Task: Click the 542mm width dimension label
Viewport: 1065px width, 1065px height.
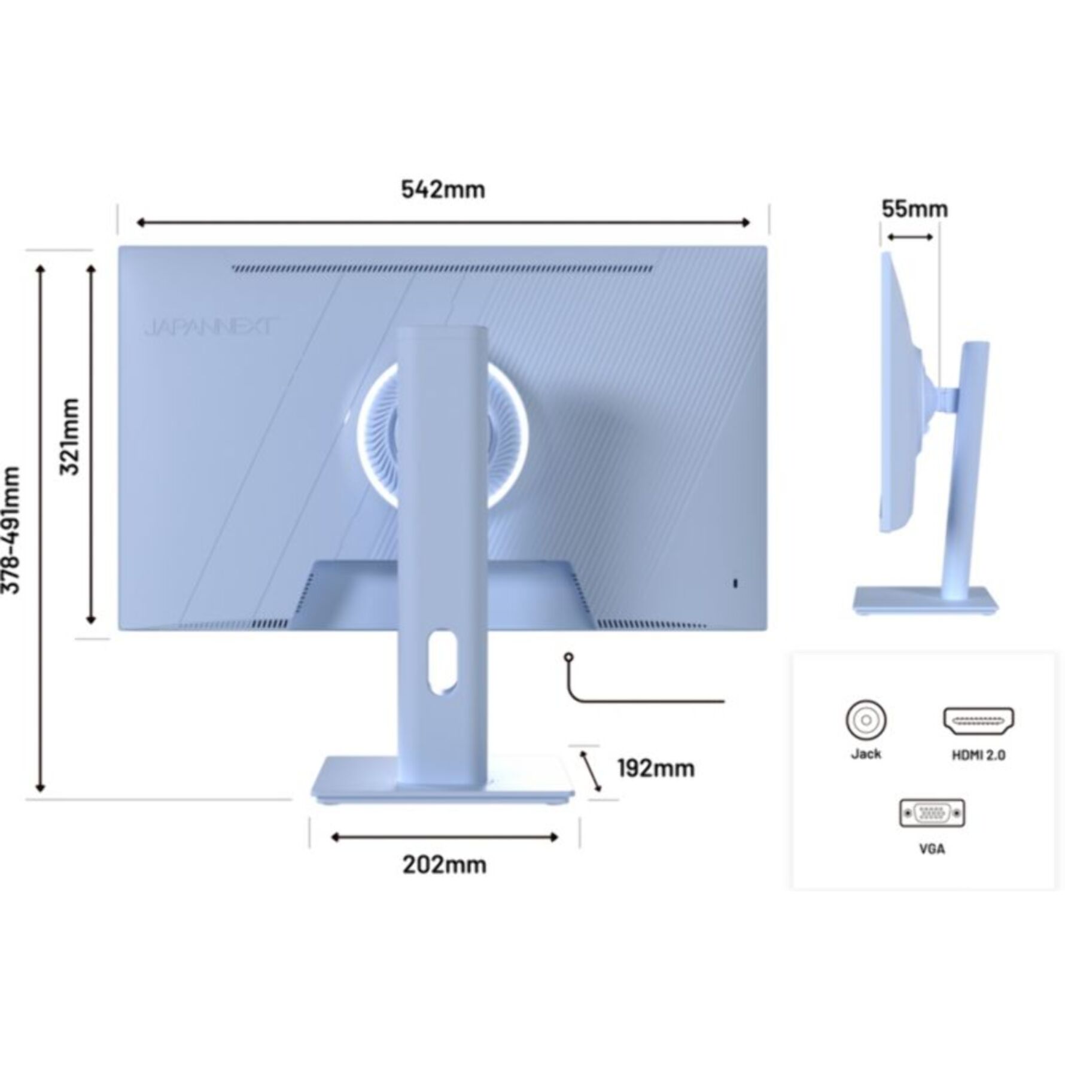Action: click(443, 190)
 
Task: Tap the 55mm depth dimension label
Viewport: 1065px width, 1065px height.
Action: click(915, 209)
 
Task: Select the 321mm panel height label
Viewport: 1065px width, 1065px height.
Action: click(71, 436)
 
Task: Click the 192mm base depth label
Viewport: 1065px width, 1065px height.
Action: click(656, 768)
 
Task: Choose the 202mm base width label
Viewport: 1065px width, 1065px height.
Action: click(444, 865)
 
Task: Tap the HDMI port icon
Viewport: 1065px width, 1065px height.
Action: click(978, 721)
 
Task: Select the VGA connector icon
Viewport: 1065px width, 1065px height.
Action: click(932, 813)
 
